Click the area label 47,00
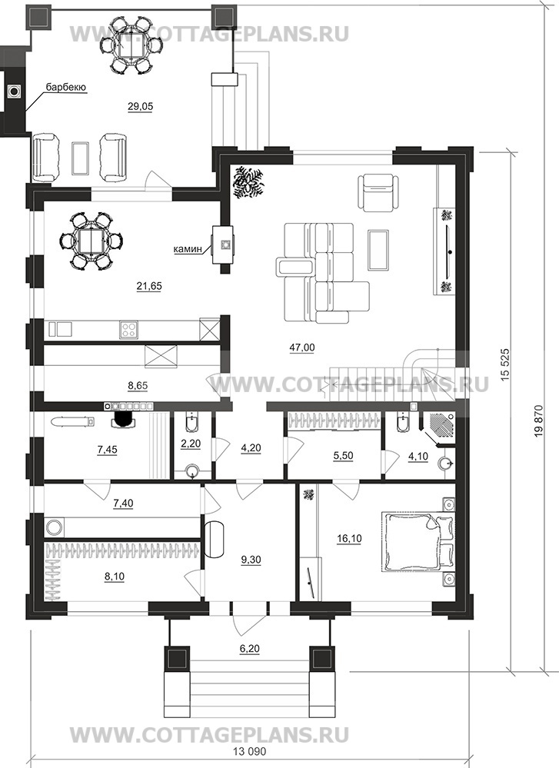click(302, 347)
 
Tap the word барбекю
click(66, 88)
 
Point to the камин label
click(188, 249)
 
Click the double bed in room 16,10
click(418, 541)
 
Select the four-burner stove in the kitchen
click(128, 329)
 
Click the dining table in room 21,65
click(91, 240)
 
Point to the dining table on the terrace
click(131, 45)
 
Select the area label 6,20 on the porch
click(250, 650)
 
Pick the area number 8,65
click(138, 385)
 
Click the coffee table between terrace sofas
click(80, 158)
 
